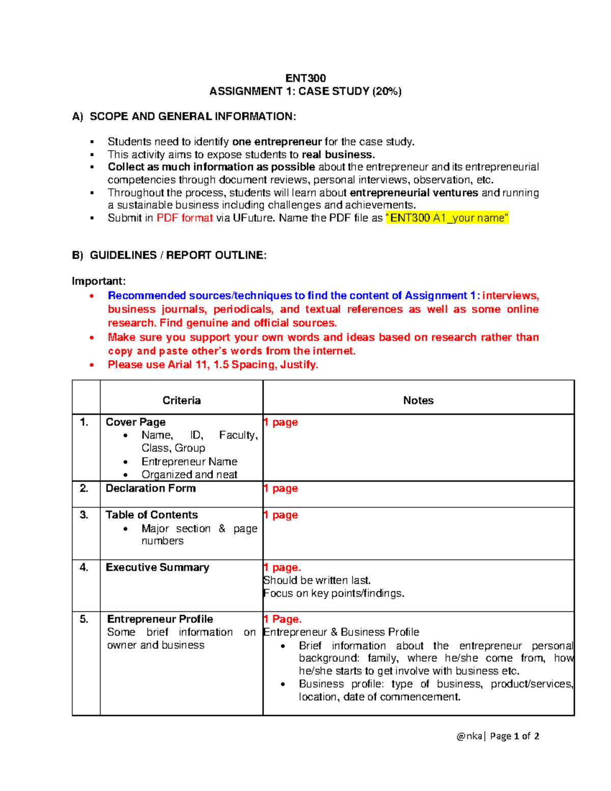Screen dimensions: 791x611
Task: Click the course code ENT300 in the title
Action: pyautogui.click(x=305, y=78)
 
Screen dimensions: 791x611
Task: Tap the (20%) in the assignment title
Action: pyautogui.click(x=386, y=92)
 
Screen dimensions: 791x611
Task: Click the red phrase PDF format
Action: pyautogui.click(x=184, y=218)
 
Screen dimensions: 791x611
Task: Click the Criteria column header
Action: pyautogui.click(x=181, y=400)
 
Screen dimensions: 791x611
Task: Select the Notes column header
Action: pyautogui.click(x=418, y=400)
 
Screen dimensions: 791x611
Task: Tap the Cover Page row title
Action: pyautogui.click(x=135, y=422)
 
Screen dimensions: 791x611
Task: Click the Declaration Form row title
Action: pyautogui.click(x=150, y=488)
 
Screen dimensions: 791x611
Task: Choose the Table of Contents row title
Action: pyautogui.click(x=152, y=514)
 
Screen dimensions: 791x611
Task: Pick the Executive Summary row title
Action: pyautogui.click(x=157, y=567)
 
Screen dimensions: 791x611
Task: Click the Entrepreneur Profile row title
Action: pyautogui.click(x=160, y=619)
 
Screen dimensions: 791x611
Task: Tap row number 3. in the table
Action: pyautogui.click(x=84, y=514)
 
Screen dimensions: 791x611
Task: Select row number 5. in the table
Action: pyautogui.click(x=84, y=619)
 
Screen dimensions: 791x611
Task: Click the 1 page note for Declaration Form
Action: pyautogui.click(x=281, y=488)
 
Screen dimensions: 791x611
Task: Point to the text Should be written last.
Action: pyautogui.click(x=317, y=580)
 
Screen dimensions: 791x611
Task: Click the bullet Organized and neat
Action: pyautogui.click(x=189, y=474)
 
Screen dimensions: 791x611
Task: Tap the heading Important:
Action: pyautogui.click(x=98, y=281)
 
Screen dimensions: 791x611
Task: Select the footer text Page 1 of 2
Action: pyautogui.click(x=514, y=735)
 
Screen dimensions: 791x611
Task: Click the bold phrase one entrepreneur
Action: pyautogui.click(x=277, y=142)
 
